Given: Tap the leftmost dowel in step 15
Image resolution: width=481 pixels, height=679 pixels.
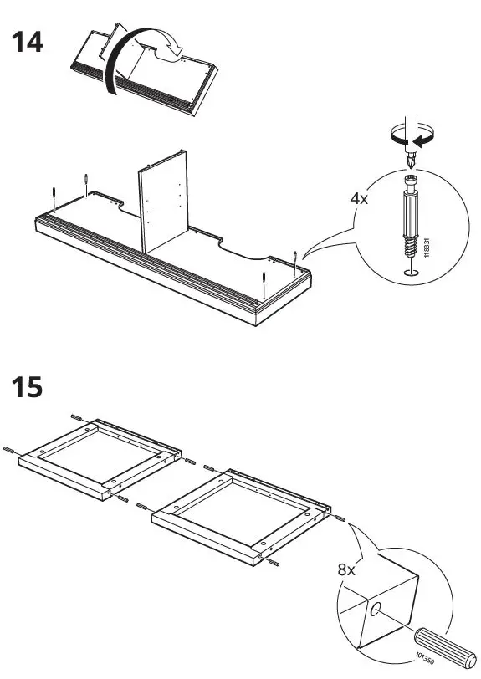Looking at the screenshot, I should [x=10, y=449].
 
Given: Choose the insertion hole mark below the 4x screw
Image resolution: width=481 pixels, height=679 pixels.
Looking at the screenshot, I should [x=408, y=272].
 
